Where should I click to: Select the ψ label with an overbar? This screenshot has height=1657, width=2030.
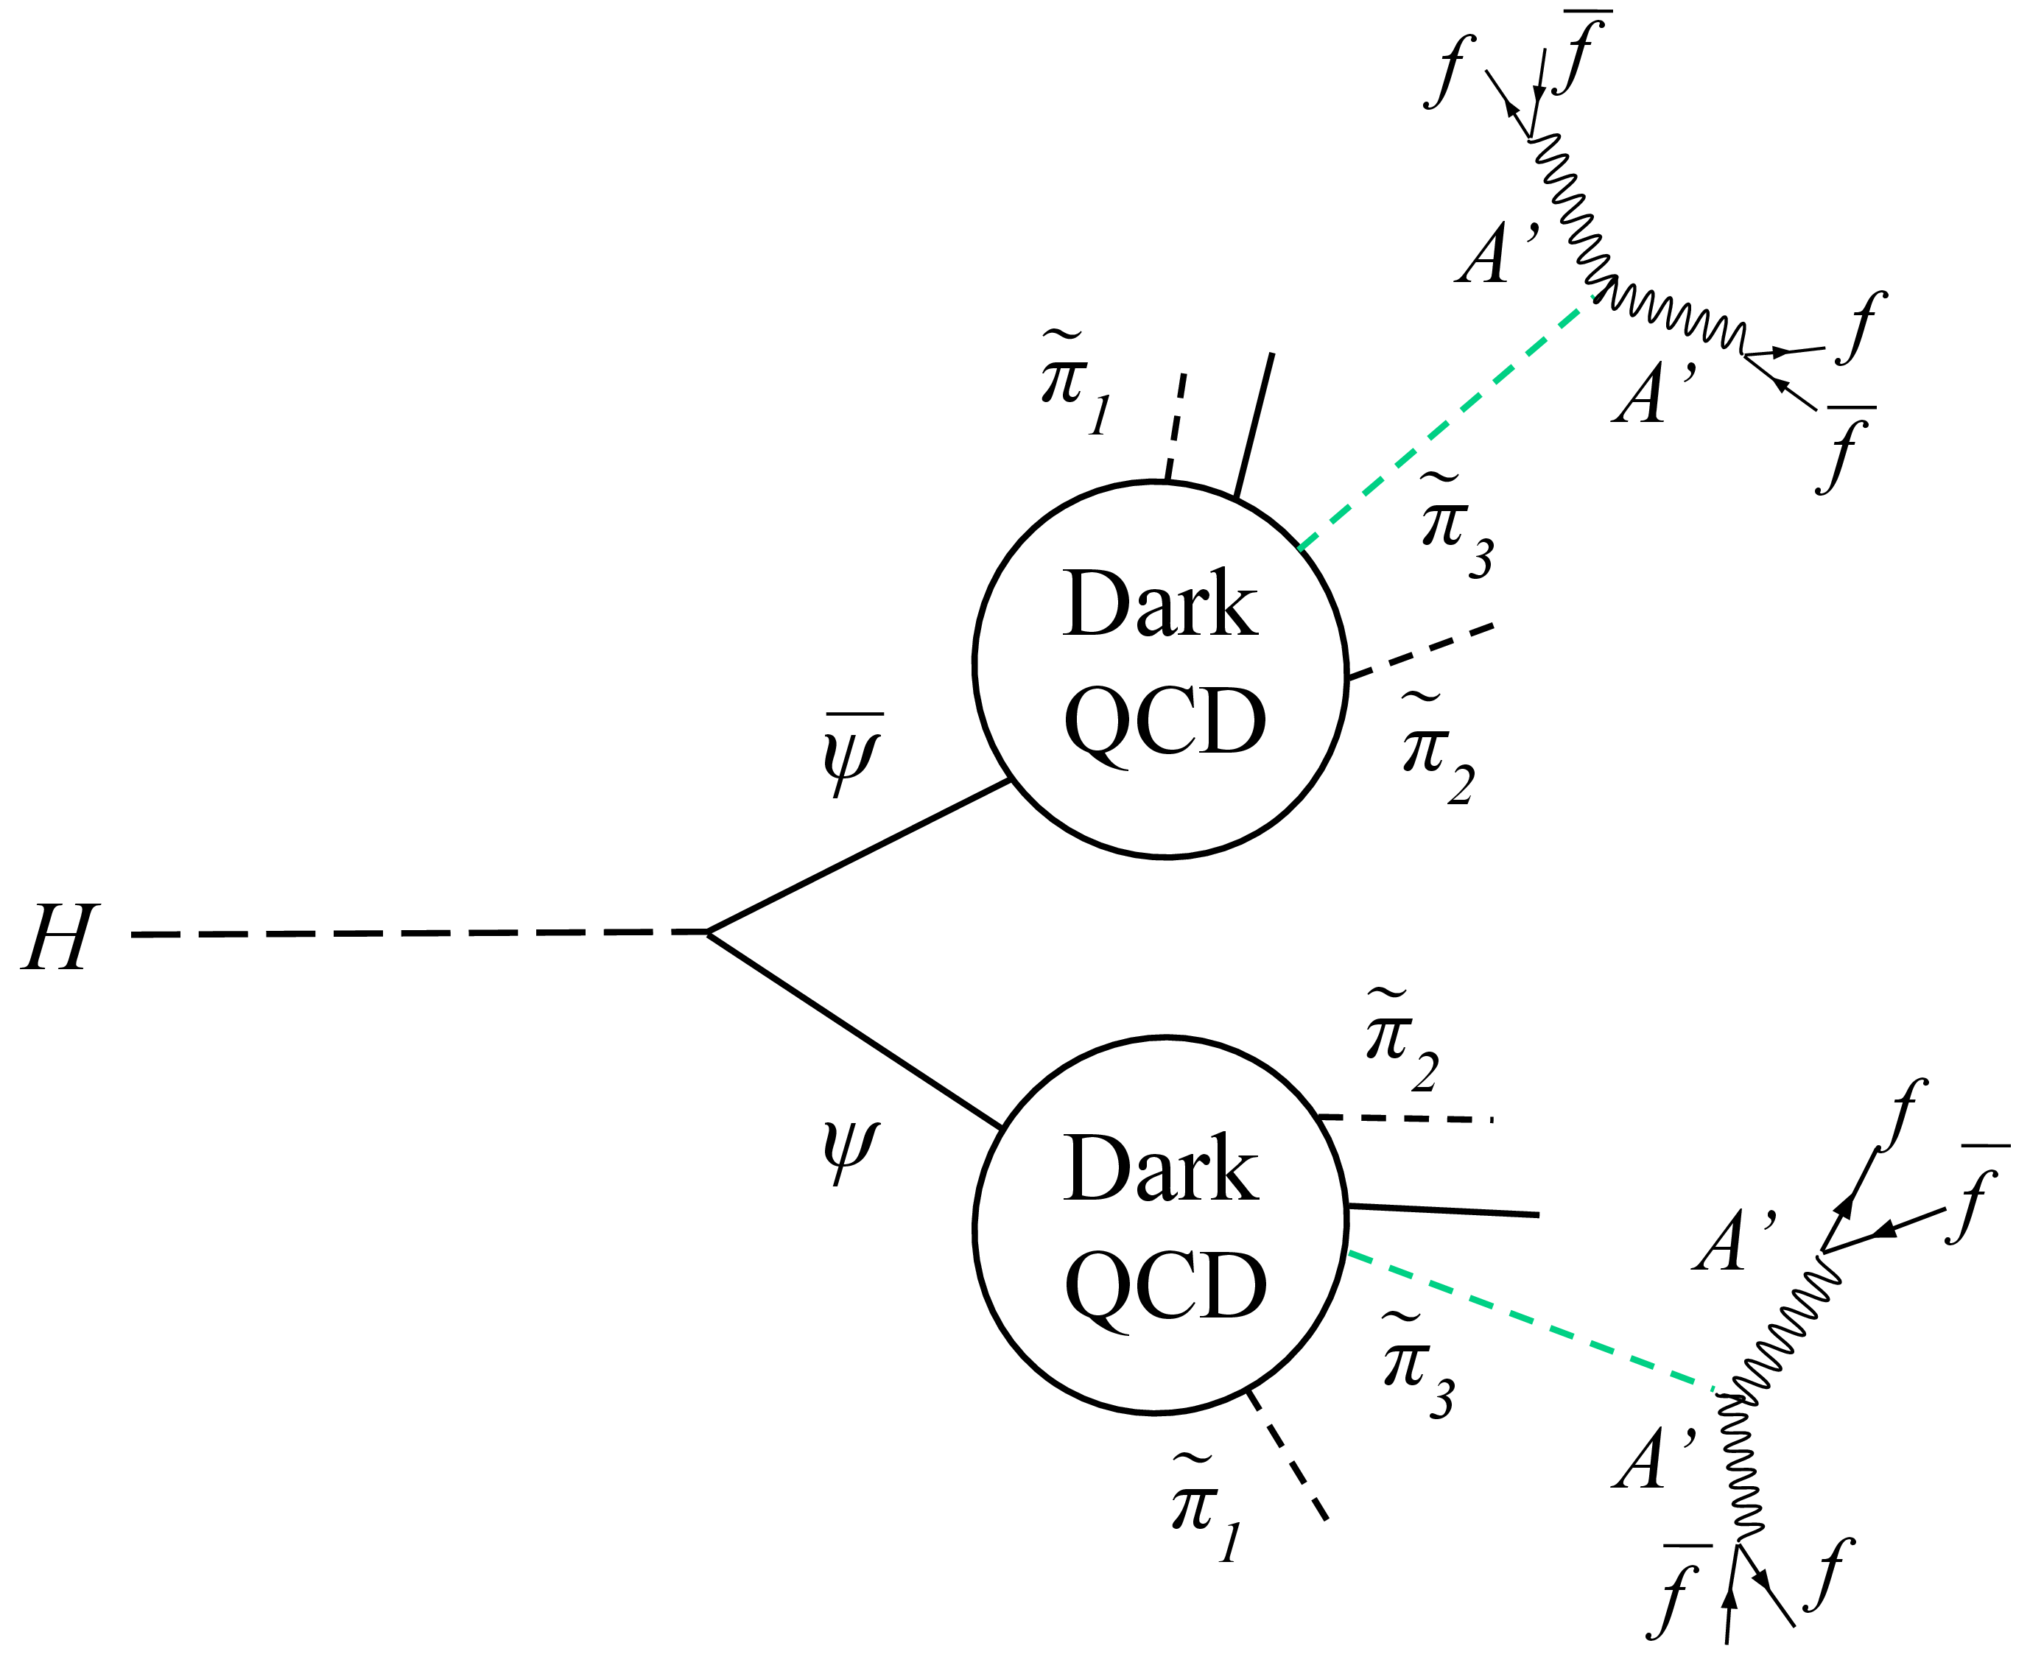851,754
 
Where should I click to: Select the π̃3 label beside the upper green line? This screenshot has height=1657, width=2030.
1456,525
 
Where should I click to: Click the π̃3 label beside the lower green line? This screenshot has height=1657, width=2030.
1418,1365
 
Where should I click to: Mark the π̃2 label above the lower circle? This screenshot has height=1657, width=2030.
1401,1041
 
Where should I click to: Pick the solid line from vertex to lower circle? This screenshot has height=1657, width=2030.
854,1029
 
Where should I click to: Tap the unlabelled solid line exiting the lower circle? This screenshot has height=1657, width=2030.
1443,1210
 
